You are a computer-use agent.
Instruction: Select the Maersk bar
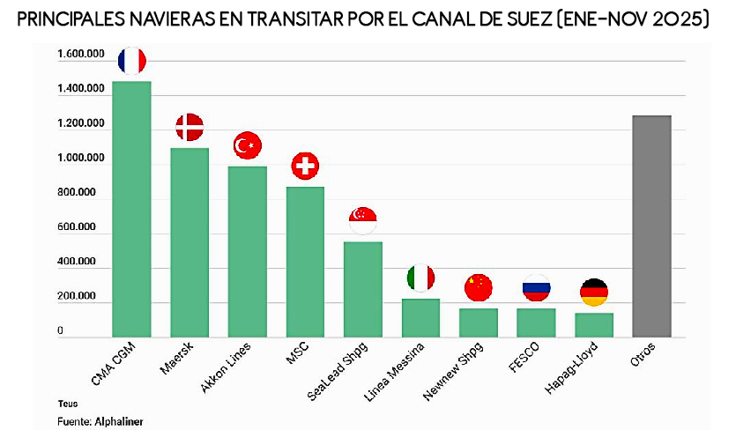[x=190, y=242]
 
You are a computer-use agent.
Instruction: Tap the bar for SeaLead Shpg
[x=362, y=289]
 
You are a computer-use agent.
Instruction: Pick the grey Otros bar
[x=651, y=226]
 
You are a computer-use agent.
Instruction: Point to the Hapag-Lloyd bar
[x=593, y=324]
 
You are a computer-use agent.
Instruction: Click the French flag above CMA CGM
[x=132, y=61]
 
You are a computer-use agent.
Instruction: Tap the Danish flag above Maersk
[x=190, y=128]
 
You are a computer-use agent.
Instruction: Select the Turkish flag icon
[x=247, y=145]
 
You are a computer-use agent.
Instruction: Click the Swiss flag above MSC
[x=305, y=165]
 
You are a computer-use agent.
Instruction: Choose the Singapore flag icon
[x=363, y=219]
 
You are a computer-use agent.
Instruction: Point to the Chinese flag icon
[x=478, y=286]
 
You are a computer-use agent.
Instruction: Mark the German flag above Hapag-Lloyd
[x=593, y=292]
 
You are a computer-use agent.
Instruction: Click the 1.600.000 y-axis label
[x=80, y=56]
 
